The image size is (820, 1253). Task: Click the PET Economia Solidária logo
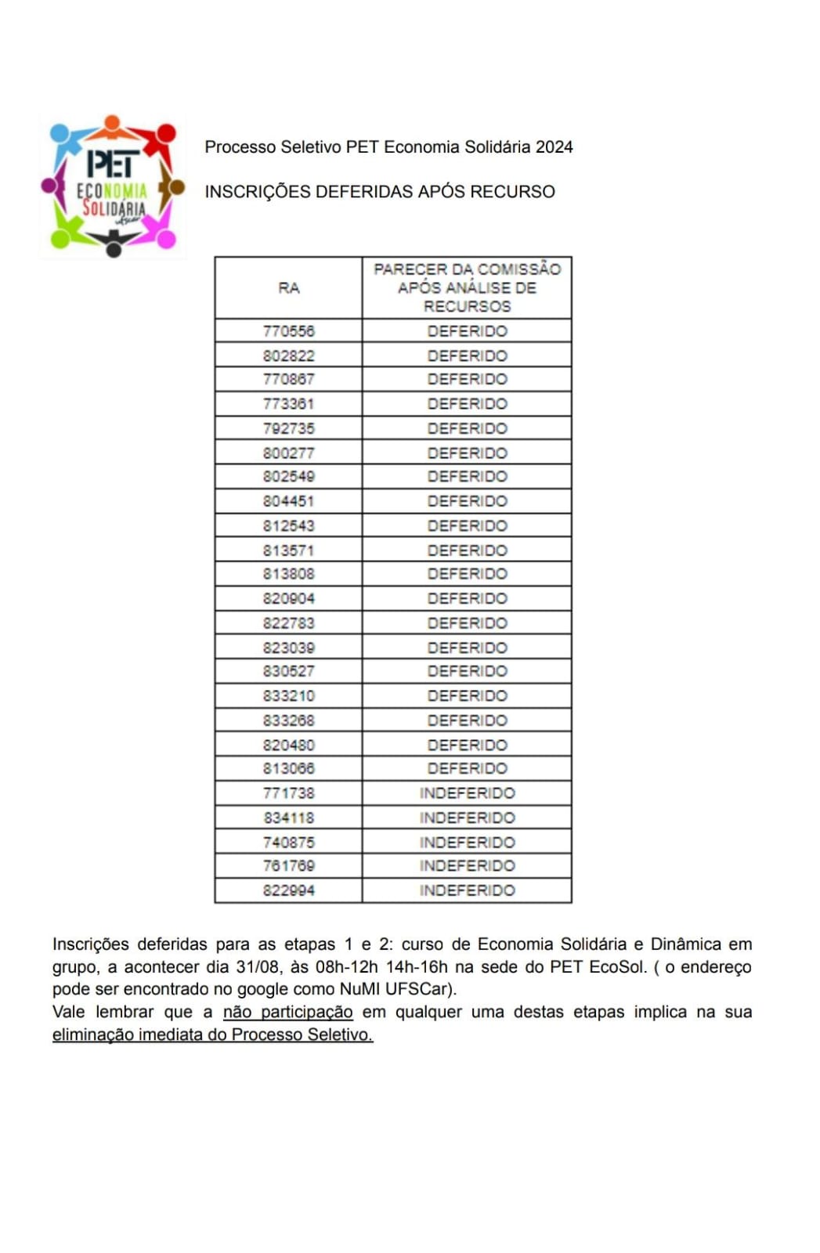point(113,186)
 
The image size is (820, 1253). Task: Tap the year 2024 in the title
point(554,147)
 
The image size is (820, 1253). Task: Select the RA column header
point(289,288)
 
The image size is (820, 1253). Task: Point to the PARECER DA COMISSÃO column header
point(467,287)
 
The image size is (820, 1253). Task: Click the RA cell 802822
point(289,356)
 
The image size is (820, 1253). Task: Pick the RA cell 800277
point(289,453)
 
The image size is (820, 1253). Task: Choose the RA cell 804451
point(289,501)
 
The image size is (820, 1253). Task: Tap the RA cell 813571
point(289,551)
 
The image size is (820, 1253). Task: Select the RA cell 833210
point(289,695)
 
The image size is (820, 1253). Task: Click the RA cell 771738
point(289,793)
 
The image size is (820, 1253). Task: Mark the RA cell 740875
point(289,842)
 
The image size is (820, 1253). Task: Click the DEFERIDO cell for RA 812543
point(467,525)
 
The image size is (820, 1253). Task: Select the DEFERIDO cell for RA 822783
point(467,623)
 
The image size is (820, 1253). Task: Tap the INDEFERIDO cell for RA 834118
point(467,818)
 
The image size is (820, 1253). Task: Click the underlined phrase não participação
point(287,1012)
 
